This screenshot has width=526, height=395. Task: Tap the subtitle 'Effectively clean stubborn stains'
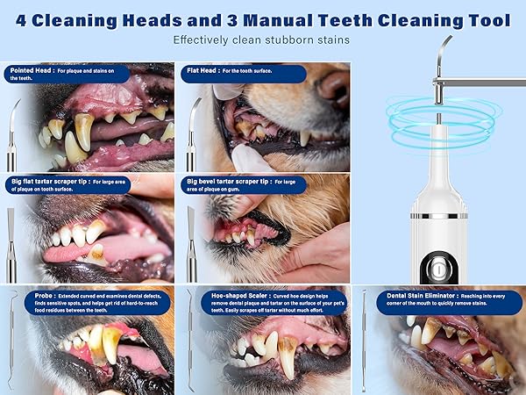coord(262,40)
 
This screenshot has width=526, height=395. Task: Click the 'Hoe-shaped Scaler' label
coord(230,296)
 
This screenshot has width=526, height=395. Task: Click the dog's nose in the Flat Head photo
coord(334,86)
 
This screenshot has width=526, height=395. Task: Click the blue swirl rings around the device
coord(438,123)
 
